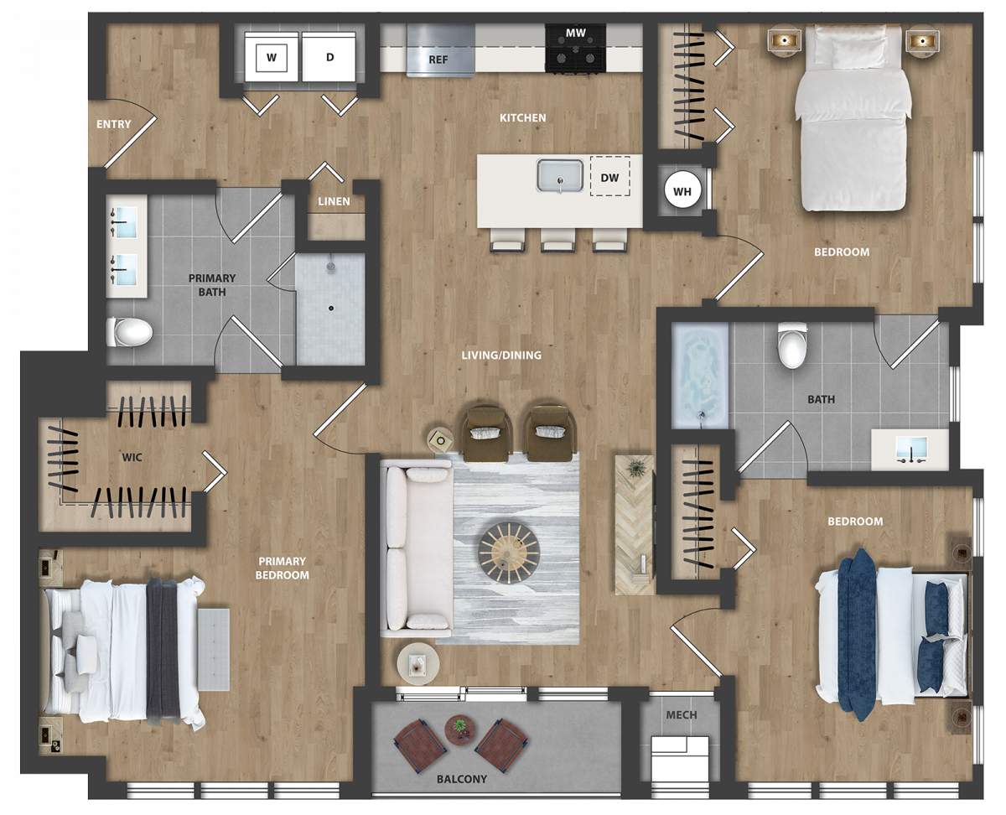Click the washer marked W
(271, 57)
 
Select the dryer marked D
(329, 57)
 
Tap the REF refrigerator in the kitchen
(440, 50)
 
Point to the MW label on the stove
(575, 33)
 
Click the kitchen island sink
(560, 175)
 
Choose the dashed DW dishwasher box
(609, 176)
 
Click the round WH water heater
(682, 191)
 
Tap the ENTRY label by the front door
(113, 124)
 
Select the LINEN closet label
(334, 201)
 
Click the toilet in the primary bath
(129, 332)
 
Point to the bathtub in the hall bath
(699, 376)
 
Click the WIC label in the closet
(132, 457)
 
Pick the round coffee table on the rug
(509, 553)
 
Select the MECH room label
(681, 715)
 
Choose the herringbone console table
(635, 524)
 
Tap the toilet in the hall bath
(792, 345)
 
